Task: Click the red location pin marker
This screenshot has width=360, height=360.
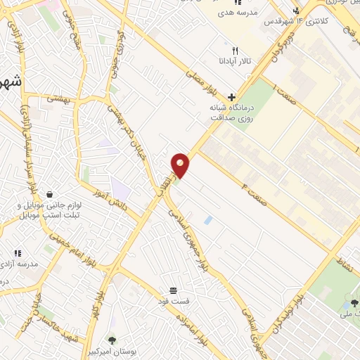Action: click(x=181, y=166)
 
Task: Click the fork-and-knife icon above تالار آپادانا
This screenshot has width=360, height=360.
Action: click(x=236, y=51)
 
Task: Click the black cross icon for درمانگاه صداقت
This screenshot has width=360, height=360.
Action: click(x=231, y=97)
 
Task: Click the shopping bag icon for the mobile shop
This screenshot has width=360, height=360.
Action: click(x=50, y=194)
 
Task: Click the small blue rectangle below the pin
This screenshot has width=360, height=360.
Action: click(x=207, y=220)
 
